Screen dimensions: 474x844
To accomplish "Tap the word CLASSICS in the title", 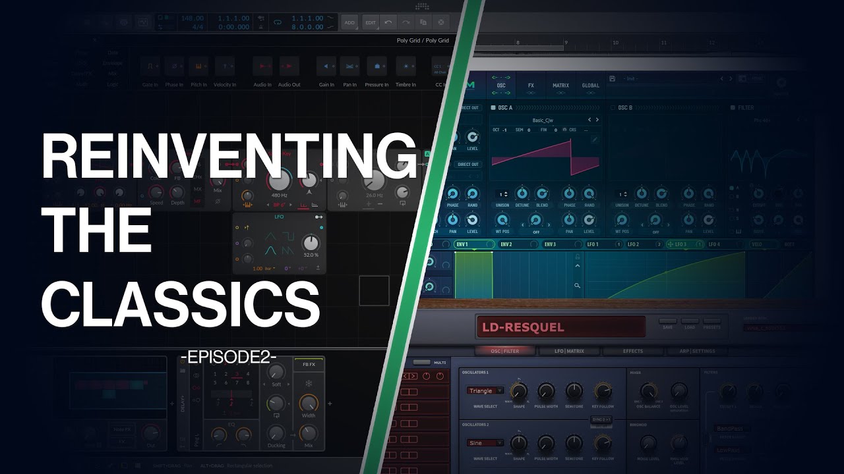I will pos(180,303).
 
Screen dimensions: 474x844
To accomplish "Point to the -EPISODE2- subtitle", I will pos(228,358).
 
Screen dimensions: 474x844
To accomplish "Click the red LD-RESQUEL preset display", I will pos(560,327).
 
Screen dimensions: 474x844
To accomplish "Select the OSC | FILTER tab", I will pos(504,351).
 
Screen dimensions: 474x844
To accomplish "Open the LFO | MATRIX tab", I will pos(562,351).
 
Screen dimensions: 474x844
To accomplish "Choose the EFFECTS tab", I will pos(632,351).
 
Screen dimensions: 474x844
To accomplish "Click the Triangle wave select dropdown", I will pos(485,390).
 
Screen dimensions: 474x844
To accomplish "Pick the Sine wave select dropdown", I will pos(485,443).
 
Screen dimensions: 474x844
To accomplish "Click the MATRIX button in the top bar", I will pos(560,86).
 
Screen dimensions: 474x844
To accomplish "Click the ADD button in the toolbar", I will pos(349,22).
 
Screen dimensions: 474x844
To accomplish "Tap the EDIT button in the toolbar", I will pos(371,22).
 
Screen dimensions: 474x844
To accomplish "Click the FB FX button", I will pos(309,364).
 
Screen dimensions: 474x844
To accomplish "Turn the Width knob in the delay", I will pos(309,403).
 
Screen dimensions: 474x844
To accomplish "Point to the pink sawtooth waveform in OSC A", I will pos(545,157).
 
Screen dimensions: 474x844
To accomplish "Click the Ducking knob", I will pos(276,433).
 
